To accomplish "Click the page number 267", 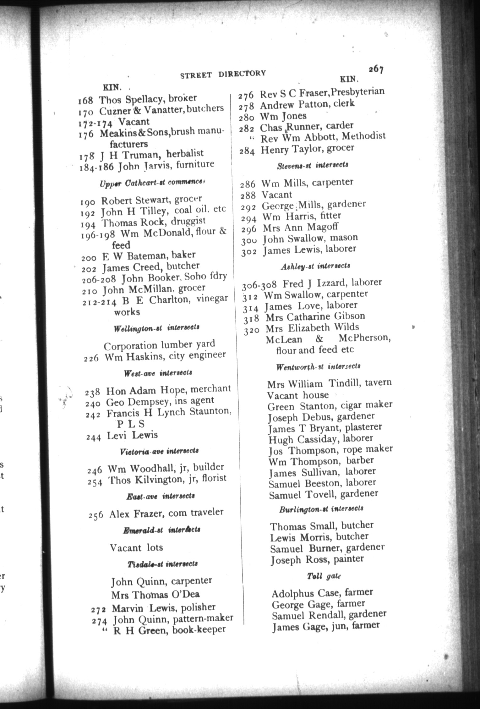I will pos(376,69).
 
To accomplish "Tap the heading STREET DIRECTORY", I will pos(223,74).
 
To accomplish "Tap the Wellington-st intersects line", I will pos(156,328).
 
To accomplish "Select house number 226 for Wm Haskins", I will pos(91,358).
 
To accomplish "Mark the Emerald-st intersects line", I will pos(162,530).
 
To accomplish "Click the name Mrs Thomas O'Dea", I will pos(155,595).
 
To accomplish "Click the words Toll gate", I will pos(324,576).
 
